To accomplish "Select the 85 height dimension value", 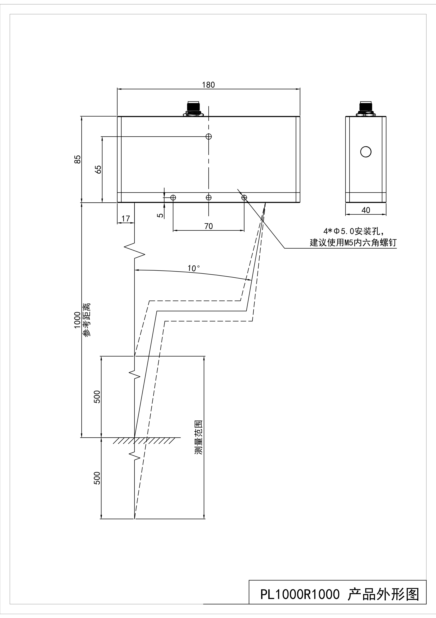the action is tap(77, 159).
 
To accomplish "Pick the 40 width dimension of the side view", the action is tap(366, 210).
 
